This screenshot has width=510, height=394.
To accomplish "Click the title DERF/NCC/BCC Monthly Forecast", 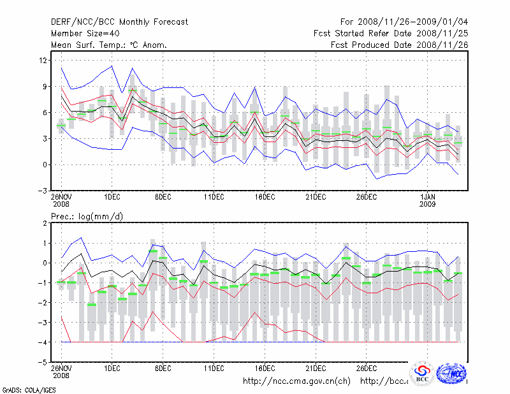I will pyautogui.click(x=119, y=22).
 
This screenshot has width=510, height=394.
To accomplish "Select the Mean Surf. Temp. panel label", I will pyautogui.click(x=109, y=45).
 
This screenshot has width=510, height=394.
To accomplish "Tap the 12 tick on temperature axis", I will pyautogui.click(x=44, y=60).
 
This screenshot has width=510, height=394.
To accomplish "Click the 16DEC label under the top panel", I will pyautogui.click(x=265, y=198).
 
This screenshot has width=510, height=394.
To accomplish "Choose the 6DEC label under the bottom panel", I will pyautogui.click(x=163, y=368).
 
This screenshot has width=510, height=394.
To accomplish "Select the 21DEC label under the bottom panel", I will pyautogui.click(x=316, y=368).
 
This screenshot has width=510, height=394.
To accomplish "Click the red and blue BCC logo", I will pyautogui.click(x=422, y=374).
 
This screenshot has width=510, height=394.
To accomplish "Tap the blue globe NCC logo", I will pyautogui.click(x=453, y=374).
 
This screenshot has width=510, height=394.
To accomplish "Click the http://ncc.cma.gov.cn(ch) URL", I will pyautogui.click(x=297, y=381).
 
